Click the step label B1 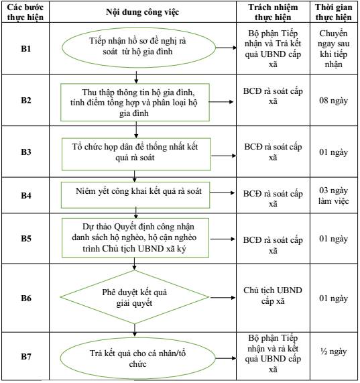(x=26, y=48)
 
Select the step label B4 (x=26, y=195)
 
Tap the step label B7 (x=26, y=356)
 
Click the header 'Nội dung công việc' (x=143, y=12)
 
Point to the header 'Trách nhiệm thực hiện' (x=273, y=12)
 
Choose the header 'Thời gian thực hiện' (x=334, y=12)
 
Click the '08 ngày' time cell (x=334, y=100)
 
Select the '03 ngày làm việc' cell (x=334, y=195)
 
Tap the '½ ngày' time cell (x=334, y=351)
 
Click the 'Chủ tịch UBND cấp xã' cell (x=273, y=295)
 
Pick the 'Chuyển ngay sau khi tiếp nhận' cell (x=334, y=48)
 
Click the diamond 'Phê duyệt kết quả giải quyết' (x=135, y=297)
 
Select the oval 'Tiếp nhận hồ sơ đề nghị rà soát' (x=139, y=47)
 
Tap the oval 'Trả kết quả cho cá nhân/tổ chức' (x=137, y=358)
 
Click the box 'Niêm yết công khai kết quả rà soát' (x=135, y=195)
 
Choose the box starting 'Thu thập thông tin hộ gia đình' (x=135, y=103)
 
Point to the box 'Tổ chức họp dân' (x=136, y=154)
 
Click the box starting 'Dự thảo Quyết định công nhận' (x=135, y=237)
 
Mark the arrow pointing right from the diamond (x=223, y=298)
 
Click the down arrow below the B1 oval (x=136, y=77)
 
